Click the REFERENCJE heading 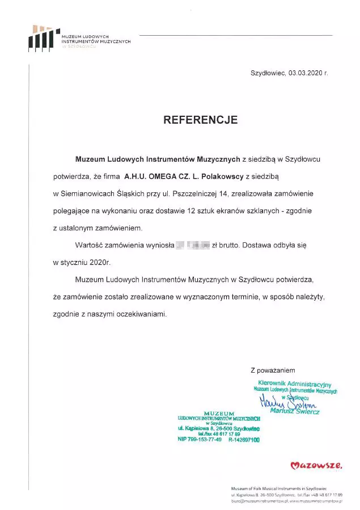200,120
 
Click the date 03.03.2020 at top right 304,73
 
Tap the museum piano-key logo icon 44,39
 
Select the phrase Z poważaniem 272,370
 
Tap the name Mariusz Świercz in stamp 295,411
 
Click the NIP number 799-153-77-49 200,439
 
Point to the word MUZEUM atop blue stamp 218,412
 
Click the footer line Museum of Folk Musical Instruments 278,488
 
